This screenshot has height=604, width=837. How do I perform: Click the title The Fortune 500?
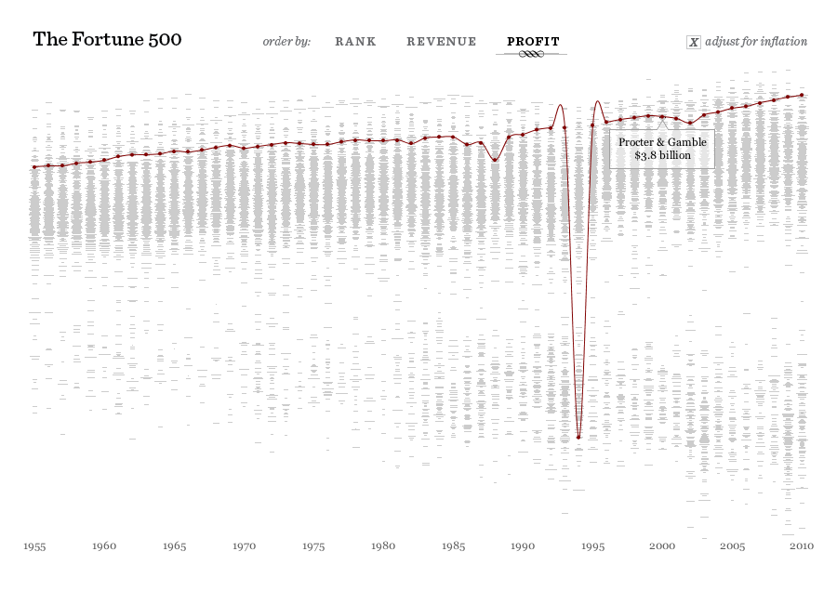[x=107, y=40]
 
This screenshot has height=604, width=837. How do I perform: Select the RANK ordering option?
[x=355, y=42]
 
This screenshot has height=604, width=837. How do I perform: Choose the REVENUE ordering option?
[x=442, y=42]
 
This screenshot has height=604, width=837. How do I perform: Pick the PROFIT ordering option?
[x=533, y=42]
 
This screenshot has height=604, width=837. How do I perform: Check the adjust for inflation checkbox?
[x=693, y=42]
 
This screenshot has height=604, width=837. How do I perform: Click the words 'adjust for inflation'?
[x=756, y=42]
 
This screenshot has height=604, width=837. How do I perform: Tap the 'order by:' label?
[x=286, y=42]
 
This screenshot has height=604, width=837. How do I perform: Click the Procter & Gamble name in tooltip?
[x=662, y=142]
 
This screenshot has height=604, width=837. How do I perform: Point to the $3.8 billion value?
[x=662, y=156]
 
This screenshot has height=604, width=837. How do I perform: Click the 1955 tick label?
[x=35, y=546]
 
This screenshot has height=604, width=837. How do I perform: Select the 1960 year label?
[x=104, y=546]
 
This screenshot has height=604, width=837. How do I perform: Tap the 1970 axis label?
[x=244, y=546]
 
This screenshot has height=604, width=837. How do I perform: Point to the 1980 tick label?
[x=383, y=546]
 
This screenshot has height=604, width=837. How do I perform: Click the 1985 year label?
[x=453, y=546]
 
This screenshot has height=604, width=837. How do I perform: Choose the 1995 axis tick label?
[x=592, y=546]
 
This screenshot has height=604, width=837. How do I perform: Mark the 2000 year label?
[x=662, y=546]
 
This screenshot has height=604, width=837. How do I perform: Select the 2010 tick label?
[x=802, y=546]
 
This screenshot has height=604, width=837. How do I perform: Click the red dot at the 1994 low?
[x=578, y=438]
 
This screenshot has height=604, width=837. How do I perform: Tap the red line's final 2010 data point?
[x=802, y=95]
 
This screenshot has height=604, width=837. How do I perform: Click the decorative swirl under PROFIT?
[x=530, y=55]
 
